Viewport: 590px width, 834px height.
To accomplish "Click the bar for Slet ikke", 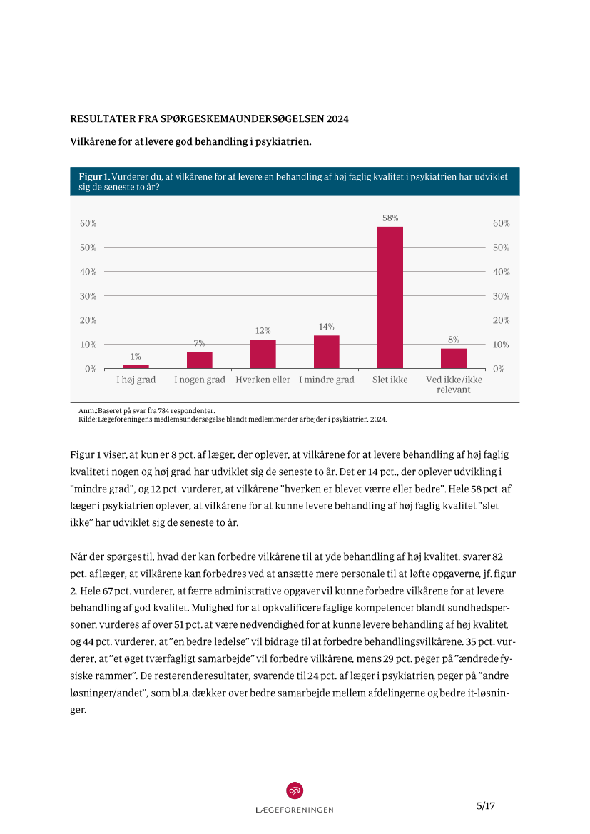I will [x=390, y=298].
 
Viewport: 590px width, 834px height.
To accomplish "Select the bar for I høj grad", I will [x=136, y=367].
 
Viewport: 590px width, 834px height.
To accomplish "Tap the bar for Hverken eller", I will [x=263, y=354].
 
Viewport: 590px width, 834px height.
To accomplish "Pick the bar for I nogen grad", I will [x=200, y=360].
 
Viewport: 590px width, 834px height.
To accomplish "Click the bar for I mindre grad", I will [x=327, y=352].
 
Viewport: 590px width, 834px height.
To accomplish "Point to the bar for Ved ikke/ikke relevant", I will [x=454, y=359].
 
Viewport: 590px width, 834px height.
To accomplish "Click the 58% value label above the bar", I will [x=390, y=218].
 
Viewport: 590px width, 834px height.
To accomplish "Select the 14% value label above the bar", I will [x=327, y=327].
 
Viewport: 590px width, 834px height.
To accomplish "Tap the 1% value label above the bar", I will [x=136, y=356].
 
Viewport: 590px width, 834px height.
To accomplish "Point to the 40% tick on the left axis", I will [x=88, y=272].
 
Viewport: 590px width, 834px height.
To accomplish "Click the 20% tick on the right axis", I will [x=502, y=320].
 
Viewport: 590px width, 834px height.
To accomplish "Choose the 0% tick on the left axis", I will [x=91, y=369].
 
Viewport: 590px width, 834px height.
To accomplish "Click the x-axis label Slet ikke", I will [x=390, y=380].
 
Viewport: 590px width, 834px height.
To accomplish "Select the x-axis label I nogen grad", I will [x=200, y=380].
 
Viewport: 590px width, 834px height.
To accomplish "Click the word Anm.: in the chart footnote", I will [x=87, y=412].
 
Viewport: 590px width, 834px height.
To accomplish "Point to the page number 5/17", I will [x=486, y=805].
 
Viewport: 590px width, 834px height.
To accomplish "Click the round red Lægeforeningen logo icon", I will [x=295, y=790].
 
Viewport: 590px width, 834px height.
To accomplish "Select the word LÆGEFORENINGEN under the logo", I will [x=295, y=810].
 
